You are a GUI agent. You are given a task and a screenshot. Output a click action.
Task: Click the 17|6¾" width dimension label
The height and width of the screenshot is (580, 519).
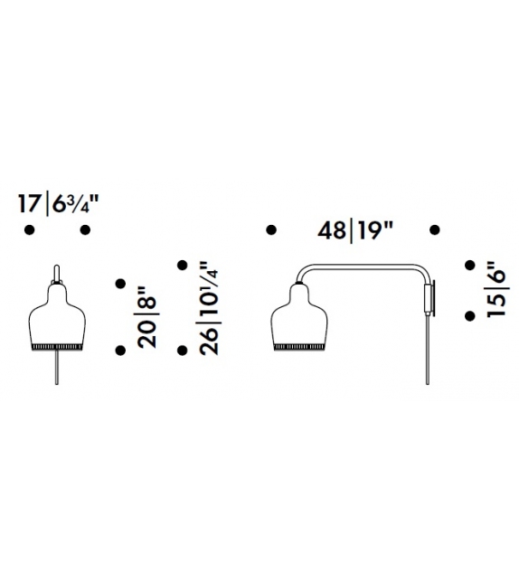coord(56,203)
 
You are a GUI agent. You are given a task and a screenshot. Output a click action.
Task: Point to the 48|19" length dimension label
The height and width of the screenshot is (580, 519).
coord(354,230)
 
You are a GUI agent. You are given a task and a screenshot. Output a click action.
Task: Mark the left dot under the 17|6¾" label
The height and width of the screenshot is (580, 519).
coord(28,230)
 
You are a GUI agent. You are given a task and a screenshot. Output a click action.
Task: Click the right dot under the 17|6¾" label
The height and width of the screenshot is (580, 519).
coord(85,230)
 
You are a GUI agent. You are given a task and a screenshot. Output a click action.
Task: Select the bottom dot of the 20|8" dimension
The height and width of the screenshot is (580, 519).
coord(119,350)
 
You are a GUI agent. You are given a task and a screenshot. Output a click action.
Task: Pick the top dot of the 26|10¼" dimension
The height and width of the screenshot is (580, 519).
coord(182,265)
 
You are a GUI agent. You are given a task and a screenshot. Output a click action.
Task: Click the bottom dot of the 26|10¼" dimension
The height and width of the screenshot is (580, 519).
coord(182,350)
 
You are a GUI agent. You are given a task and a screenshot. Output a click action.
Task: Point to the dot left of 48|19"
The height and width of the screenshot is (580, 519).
coord(270,230)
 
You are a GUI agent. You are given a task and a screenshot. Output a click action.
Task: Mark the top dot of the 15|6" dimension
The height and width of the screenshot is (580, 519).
coord(469,265)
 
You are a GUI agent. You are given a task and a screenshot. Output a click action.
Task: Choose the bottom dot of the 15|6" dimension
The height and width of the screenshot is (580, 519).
coord(469,315)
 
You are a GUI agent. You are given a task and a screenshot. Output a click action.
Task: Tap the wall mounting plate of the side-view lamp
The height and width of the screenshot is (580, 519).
coord(431,298)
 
